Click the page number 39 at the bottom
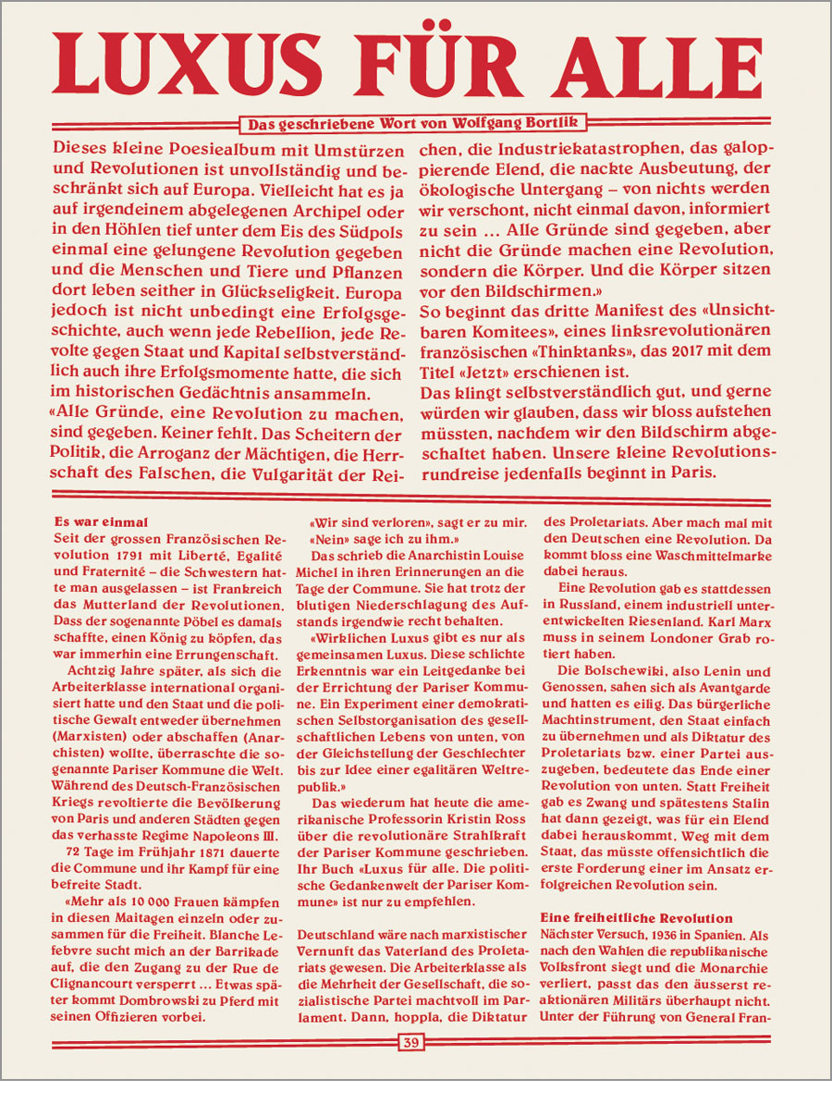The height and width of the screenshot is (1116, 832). pyautogui.click(x=411, y=1043)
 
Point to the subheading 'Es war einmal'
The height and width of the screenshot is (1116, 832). pyautogui.click(x=102, y=521)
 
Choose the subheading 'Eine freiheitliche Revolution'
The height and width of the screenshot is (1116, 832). pyautogui.click(x=637, y=917)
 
